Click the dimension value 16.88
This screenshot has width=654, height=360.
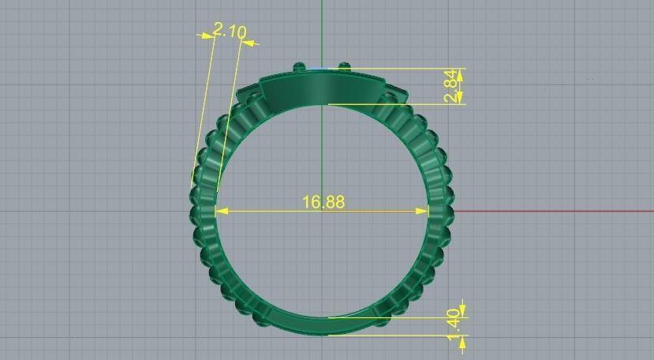[x=323, y=202]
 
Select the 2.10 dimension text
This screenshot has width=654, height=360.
[x=230, y=32]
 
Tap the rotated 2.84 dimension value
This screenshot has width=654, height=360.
[x=450, y=86]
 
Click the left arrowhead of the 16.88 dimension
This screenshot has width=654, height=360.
[x=221, y=211]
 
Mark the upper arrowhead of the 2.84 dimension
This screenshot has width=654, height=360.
[x=461, y=73]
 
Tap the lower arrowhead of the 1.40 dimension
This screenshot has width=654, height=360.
[x=462, y=339]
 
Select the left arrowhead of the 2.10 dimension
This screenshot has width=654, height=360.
[x=207, y=35]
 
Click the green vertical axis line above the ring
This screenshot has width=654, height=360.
[x=322, y=32]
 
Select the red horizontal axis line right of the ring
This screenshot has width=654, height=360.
[x=552, y=211]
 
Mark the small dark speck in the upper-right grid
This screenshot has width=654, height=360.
[x=589, y=78]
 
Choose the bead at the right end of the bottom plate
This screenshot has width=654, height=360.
[x=382, y=320]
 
